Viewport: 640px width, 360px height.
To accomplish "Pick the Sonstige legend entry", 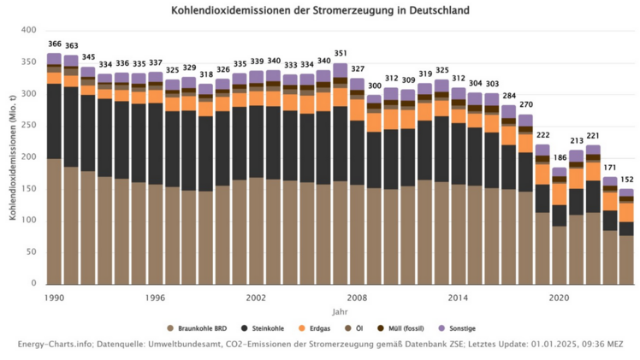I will [461, 328].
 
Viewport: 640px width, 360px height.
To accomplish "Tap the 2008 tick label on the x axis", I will [357, 298].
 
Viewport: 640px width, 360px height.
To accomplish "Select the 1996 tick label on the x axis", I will [155, 298].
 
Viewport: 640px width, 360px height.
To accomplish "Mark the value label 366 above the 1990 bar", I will [55, 44].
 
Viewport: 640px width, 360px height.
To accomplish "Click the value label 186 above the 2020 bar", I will [560, 158].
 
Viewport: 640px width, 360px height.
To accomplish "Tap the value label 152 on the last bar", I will [626, 180].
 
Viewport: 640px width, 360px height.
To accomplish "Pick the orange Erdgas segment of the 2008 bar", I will [357, 109].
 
